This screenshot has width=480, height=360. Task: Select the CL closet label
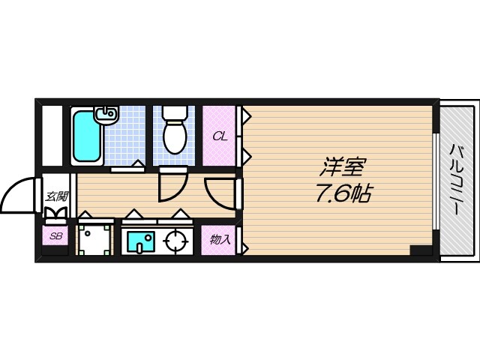[219, 136]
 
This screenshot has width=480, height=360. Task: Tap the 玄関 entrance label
[56, 197]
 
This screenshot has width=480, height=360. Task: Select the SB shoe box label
[55, 238]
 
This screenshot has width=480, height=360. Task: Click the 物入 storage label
[219, 240]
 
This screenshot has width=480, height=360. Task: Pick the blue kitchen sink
[139, 241]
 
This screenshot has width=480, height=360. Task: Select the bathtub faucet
[106, 114]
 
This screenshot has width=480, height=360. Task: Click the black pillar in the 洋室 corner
[420, 250]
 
